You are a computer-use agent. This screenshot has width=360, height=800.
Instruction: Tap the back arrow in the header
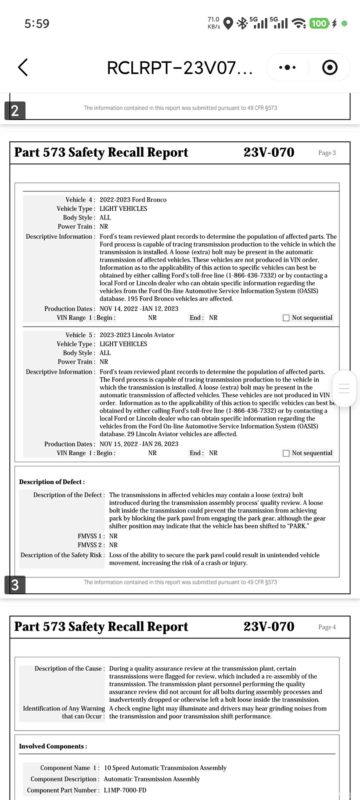[x=23, y=67]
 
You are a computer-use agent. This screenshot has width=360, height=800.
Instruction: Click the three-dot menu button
[x=288, y=67]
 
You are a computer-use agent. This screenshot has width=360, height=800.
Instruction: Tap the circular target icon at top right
[x=330, y=67]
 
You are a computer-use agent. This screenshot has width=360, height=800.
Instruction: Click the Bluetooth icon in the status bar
[x=242, y=23]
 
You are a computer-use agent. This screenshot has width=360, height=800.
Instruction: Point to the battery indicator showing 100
[x=319, y=23]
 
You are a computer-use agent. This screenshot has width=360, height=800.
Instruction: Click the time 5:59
[x=37, y=24]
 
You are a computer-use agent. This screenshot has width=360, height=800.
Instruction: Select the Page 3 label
[x=327, y=153]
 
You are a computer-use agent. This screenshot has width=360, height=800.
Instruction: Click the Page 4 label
[x=327, y=627]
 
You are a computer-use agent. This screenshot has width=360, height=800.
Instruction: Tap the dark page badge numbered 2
[x=15, y=111]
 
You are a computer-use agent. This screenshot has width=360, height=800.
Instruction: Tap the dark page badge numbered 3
[x=15, y=585]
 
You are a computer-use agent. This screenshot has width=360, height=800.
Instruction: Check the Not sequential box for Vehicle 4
[x=286, y=318]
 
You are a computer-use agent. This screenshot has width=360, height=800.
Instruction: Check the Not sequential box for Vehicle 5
[x=286, y=453]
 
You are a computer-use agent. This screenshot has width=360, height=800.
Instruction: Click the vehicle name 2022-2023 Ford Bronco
[x=133, y=200]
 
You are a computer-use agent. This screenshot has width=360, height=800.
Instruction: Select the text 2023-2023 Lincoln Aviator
[x=137, y=335]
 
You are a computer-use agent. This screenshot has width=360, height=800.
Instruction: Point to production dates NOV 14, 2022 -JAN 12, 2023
[x=139, y=309]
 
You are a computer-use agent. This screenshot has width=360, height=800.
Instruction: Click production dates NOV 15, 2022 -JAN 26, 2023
[x=139, y=444]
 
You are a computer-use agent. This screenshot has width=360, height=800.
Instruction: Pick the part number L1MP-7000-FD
[x=125, y=790]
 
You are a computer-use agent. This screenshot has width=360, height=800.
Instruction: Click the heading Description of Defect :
[x=52, y=482]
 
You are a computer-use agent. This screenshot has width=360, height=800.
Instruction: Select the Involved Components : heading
[x=53, y=746]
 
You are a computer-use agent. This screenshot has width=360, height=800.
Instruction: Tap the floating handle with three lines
[x=344, y=388]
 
